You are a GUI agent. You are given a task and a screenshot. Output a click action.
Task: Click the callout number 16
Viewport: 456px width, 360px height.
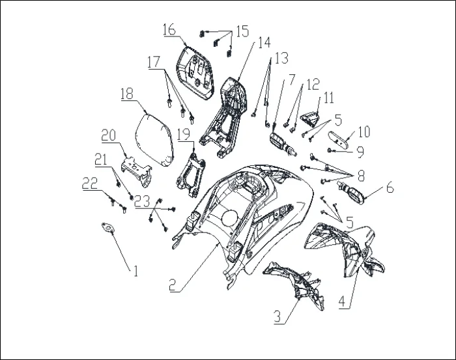169,30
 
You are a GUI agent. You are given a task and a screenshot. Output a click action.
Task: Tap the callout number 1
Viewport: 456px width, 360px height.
135,271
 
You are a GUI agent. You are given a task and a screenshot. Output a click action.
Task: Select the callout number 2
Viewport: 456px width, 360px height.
173,284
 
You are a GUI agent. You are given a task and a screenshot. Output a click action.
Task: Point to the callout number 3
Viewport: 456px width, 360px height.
278,316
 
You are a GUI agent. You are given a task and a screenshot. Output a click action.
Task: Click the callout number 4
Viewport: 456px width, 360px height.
342,301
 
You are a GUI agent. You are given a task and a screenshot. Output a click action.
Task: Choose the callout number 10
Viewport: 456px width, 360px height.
363,132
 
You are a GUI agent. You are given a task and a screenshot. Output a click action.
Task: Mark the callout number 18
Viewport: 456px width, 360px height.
127,93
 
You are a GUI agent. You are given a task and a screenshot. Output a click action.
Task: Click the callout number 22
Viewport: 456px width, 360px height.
90,183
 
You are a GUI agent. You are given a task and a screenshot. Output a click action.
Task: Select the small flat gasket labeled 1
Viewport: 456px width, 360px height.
107,227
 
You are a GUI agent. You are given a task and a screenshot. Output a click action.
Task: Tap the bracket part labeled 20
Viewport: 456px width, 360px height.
137,171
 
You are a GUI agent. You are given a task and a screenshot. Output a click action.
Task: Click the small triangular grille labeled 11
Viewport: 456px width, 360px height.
311,120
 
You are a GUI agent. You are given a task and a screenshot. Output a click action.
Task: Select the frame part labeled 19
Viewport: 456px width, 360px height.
191,175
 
